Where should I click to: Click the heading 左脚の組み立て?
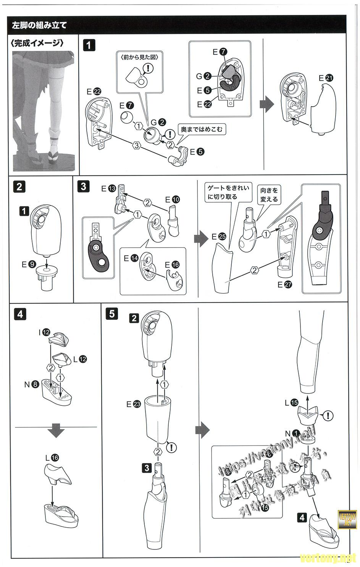point(39,25)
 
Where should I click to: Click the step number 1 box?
point(89,45)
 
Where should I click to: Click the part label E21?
point(326,78)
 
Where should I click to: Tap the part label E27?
point(285,284)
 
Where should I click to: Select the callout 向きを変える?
point(269,194)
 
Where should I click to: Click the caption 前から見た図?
point(139,57)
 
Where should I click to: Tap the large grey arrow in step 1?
point(267,104)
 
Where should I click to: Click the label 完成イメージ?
point(37,43)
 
